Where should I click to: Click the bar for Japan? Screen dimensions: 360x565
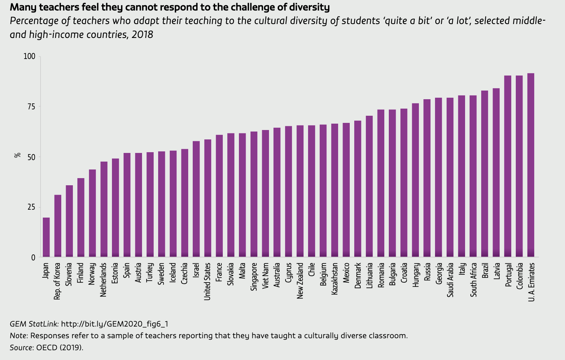tap(46, 237)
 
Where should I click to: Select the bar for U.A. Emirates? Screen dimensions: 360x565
tap(531, 165)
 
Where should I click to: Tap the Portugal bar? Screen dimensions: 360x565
tap(508, 166)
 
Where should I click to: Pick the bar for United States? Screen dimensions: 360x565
tap(208, 198)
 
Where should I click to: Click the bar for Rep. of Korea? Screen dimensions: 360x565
tap(58, 226)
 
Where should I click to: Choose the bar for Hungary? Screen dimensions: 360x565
tap(415, 180)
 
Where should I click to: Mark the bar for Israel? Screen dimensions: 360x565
tap(196, 199)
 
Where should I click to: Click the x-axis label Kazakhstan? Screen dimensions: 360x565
tap(335, 278)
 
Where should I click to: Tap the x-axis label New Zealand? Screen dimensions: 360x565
tap(300, 281)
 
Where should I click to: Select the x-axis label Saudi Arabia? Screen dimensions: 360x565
tap(450, 280)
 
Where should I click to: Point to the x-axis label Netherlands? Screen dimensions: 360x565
tap(104, 280)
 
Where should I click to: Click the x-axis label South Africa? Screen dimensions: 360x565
tap(473, 280)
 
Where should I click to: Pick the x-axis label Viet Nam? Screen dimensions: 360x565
tap(266, 275)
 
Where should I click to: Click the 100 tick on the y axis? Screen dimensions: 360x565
tap(29, 56)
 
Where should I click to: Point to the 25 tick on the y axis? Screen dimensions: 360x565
tap(31, 207)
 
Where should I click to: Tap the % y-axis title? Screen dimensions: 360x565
tap(17, 155)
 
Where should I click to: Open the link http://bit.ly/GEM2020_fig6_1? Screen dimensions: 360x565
tap(115, 324)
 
